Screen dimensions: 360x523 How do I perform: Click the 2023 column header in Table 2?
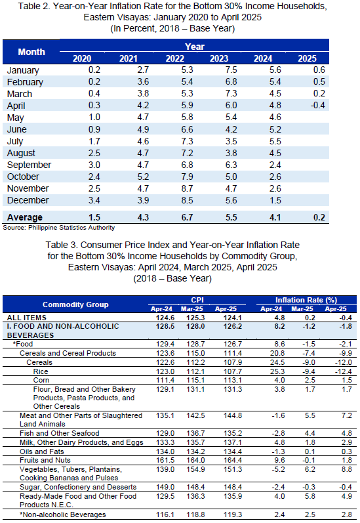(219, 58)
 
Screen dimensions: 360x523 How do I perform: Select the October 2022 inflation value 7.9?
(187, 177)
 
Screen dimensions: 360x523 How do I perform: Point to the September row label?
(29, 165)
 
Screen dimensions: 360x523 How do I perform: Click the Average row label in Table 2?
(25, 217)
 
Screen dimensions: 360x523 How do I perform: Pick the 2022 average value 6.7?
(187, 217)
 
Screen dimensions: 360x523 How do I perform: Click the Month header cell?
(31, 52)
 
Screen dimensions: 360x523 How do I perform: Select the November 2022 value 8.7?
(187, 189)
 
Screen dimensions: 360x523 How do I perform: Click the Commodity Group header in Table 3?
(75, 304)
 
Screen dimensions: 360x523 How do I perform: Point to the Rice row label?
(41, 371)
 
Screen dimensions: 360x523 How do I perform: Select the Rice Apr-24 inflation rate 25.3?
(278, 371)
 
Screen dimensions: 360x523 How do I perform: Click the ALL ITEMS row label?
(27, 318)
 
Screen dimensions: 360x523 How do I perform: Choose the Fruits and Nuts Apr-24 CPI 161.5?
(165, 460)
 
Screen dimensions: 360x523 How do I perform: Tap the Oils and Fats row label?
(42, 451)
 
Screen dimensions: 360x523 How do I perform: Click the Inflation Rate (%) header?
(306, 300)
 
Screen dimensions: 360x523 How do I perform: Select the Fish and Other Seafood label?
(59, 433)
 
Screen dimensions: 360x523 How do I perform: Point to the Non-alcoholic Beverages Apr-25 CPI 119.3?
(233, 514)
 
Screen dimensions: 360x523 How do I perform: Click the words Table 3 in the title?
(62, 245)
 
